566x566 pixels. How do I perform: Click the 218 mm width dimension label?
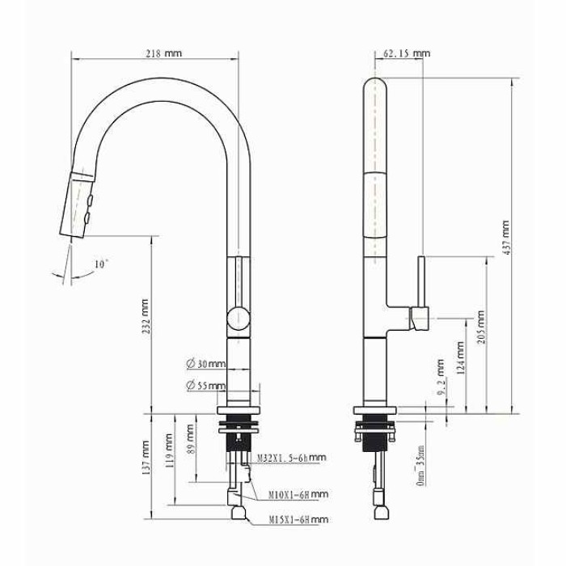164,53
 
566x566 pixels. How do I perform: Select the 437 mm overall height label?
505,238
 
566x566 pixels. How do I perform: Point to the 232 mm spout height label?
145,316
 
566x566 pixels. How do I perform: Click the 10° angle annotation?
101,264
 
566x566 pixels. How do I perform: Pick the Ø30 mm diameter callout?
206,364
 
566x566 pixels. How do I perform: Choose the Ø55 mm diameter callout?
206,385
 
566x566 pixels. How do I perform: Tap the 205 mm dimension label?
481,327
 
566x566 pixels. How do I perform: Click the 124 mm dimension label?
461,357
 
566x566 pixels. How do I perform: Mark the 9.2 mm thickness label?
441,377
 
